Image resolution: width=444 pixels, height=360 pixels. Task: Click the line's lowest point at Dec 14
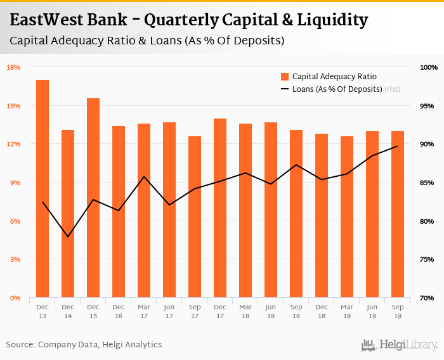click(x=68, y=237)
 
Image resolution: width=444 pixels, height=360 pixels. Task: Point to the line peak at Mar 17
click(x=144, y=177)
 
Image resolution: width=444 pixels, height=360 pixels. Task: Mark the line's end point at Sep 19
click(x=398, y=146)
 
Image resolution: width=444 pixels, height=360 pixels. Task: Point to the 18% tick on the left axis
click(x=13, y=67)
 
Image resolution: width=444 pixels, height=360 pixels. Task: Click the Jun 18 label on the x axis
click(x=271, y=311)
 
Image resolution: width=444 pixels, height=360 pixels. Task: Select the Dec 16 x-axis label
click(x=119, y=311)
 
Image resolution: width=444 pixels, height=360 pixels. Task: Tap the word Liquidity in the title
click(x=332, y=20)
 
